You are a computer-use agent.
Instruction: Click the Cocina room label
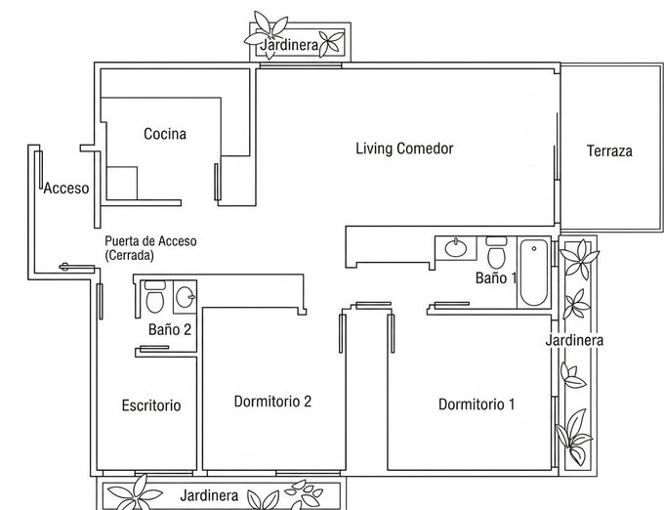click(x=165, y=134)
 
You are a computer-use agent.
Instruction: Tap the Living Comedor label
click(x=404, y=149)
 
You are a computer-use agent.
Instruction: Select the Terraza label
click(x=609, y=150)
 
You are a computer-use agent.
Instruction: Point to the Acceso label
click(x=66, y=188)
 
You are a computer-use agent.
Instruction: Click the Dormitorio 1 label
click(x=477, y=404)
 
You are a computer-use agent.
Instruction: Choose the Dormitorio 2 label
click(x=272, y=402)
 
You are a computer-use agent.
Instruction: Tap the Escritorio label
click(x=151, y=405)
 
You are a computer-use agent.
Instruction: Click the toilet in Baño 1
click(x=496, y=252)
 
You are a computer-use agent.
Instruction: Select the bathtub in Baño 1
click(x=533, y=273)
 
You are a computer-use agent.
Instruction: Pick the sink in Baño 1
click(x=456, y=248)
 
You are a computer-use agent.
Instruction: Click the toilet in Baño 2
click(x=155, y=296)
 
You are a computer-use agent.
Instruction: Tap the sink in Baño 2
click(x=186, y=296)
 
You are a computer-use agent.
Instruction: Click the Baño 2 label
click(x=170, y=329)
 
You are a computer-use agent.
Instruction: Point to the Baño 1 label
click(x=496, y=277)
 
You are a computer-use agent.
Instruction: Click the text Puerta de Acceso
click(x=150, y=241)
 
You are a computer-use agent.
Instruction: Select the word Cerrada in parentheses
click(x=129, y=255)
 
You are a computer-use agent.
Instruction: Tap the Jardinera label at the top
click(x=289, y=45)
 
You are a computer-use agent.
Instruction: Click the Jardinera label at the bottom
click(x=209, y=495)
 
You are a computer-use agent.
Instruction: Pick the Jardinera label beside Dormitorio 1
click(x=574, y=340)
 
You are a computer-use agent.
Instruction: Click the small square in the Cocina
click(x=122, y=183)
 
